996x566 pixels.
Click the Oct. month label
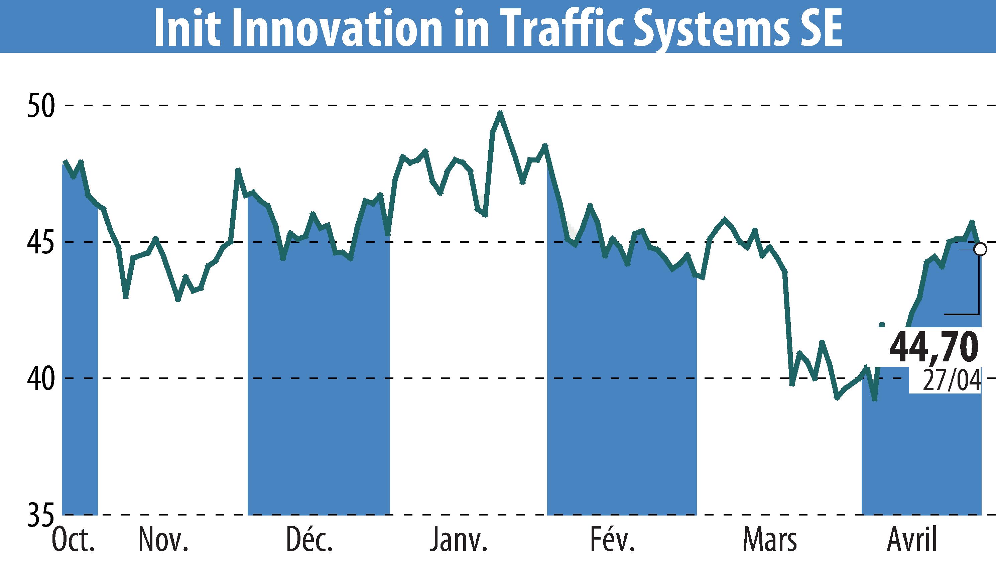pyautogui.click(x=73, y=540)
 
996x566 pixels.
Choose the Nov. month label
pyautogui.click(x=163, y=540)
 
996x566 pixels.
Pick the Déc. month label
pyautogui.click(x=310, y=540)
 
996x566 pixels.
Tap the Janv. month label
pyautogui.click(x=459, y=540)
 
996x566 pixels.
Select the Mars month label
pyautogui.click(x=769, y=540)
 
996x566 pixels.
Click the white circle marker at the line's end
pyautogui.click(x=980, y=249)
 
